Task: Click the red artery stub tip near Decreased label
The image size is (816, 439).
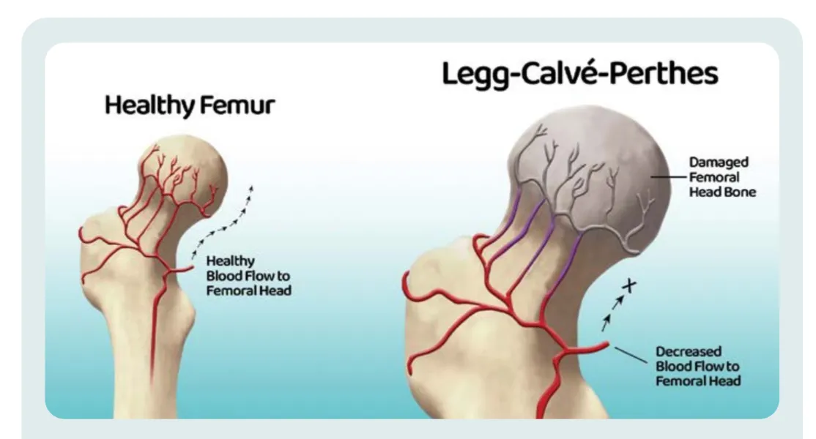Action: coord(604,345)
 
